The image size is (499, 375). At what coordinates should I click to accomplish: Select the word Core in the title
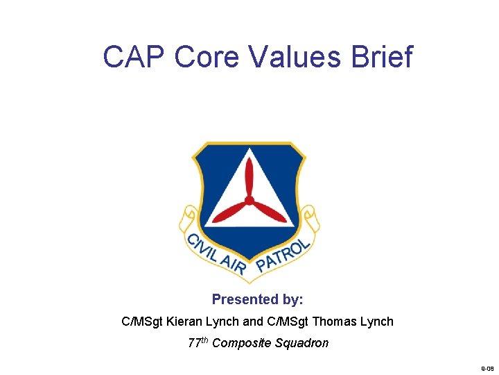[x=206, y=57]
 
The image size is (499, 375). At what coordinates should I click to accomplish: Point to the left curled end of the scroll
[x=189, y=219]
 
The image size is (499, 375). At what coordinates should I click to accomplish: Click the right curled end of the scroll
[x=309, y=218]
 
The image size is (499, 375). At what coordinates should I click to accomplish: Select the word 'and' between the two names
[x=252, y=322]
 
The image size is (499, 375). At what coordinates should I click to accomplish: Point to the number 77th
[x=198, y=342]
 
